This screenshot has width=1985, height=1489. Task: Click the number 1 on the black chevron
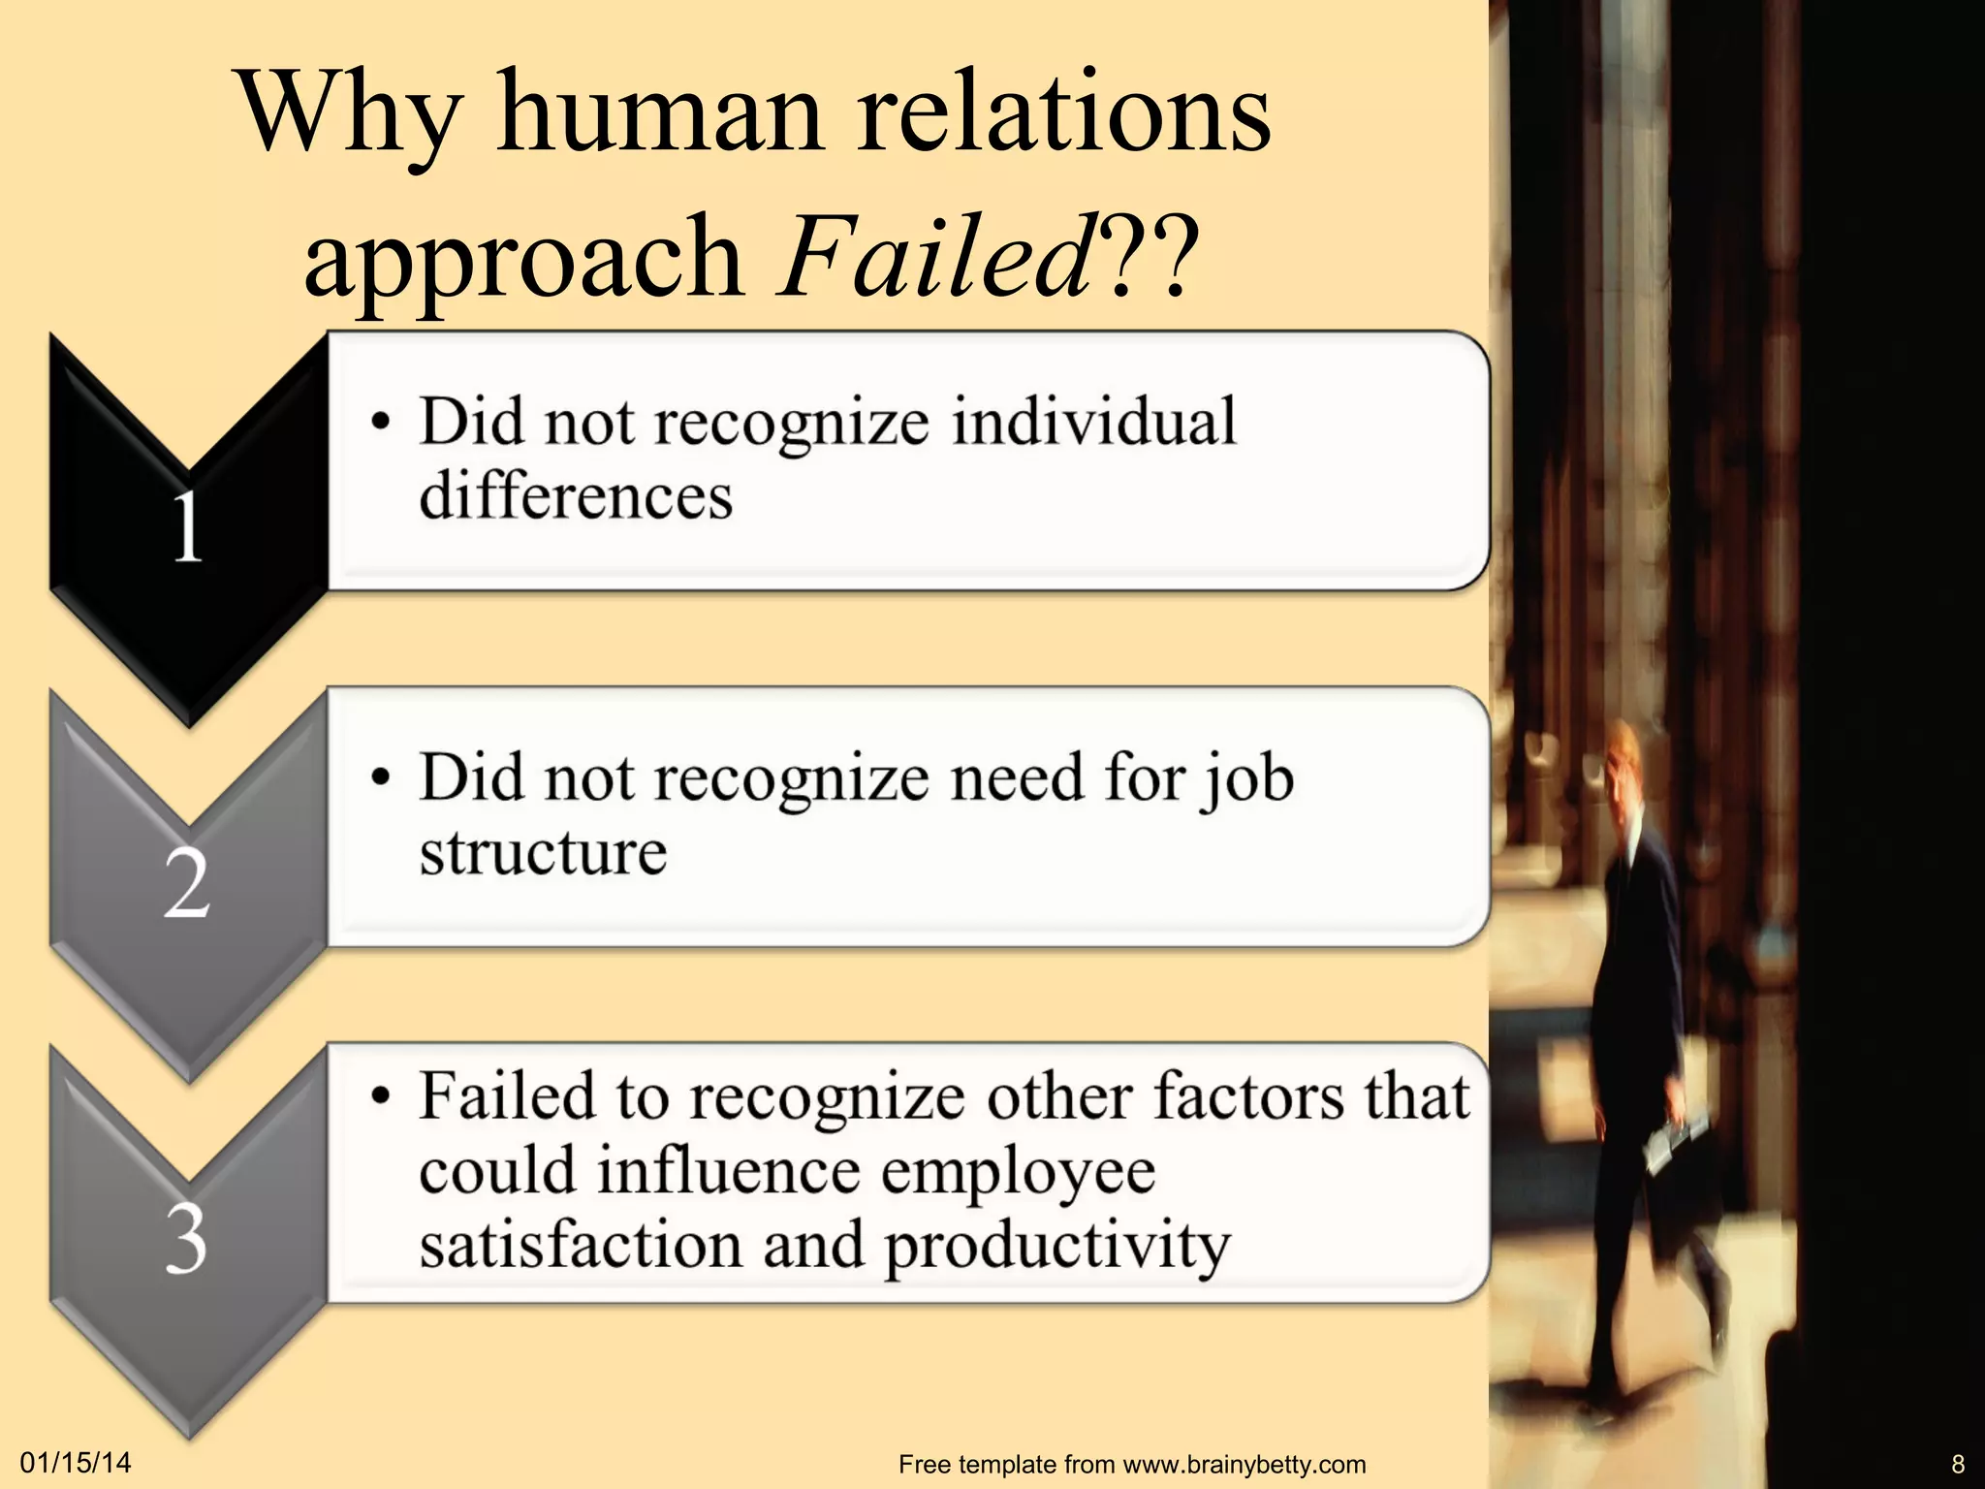coord(187,528)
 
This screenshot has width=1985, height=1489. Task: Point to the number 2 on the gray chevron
coord(186,883)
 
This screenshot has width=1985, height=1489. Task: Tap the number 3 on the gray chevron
coord(186,1239)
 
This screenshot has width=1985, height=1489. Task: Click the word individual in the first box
coord(1093,423)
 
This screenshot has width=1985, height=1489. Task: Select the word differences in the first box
coord(576,495)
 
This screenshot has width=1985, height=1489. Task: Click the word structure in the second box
coord(543,853)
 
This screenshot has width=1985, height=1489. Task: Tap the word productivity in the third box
coord(1056,1247)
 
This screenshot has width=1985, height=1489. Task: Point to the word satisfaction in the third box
coord(580,1245)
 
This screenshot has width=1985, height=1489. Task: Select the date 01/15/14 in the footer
coord(76,1463)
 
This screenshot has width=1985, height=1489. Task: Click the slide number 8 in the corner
coord(1958,1464)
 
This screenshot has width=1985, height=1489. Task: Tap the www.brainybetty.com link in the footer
coord(1245,1464)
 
